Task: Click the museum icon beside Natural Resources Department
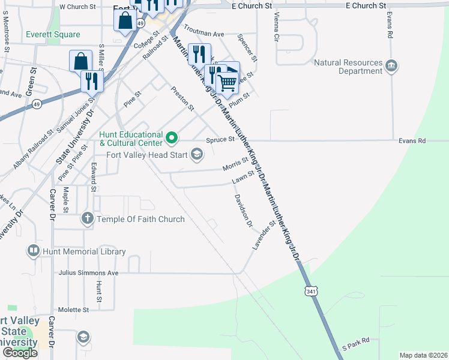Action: (x=391, y=65)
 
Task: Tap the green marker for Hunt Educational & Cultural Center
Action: (x=172, y=139)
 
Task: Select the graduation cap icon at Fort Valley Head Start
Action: (x=196, y=155)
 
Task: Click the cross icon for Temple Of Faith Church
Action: (x=88, y=219)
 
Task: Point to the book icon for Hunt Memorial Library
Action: (x=34, y=251)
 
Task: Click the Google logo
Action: (x=20, y=353)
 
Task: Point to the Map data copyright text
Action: (x=423, y=355)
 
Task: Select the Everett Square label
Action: (x=53, y=34)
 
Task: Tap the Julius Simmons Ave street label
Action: (x=88, y=272)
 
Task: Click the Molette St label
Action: (x=73, y=310)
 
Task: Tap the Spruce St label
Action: (x=220, y=139)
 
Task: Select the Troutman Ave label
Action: (x=203, y=30)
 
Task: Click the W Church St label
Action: (x=77, y=7)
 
